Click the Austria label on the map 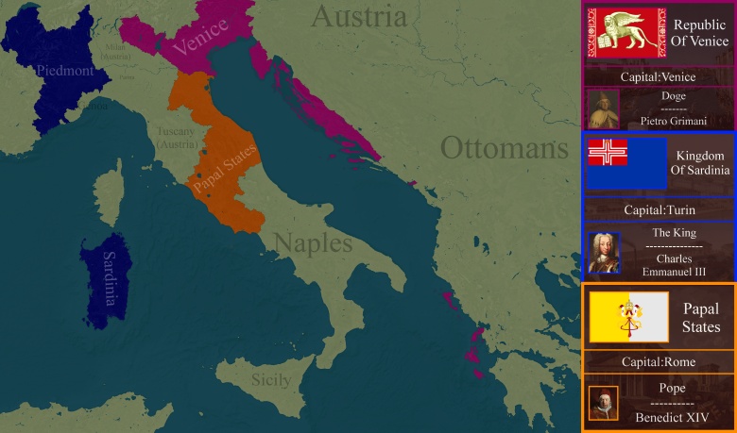[360, 16]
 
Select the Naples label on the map [312, 243]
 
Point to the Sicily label [271, 381]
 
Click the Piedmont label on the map [63, 71]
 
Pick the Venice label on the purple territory [200, 38]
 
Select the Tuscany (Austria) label [177, 138]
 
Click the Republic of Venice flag [626, 33]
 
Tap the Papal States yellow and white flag [628, 317]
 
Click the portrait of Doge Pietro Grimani [603, 108]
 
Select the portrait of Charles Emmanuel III [604, 253]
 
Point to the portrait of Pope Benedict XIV [603, 403]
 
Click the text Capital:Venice [658, 76]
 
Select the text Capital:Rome [658, 361]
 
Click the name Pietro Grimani [674, 122]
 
